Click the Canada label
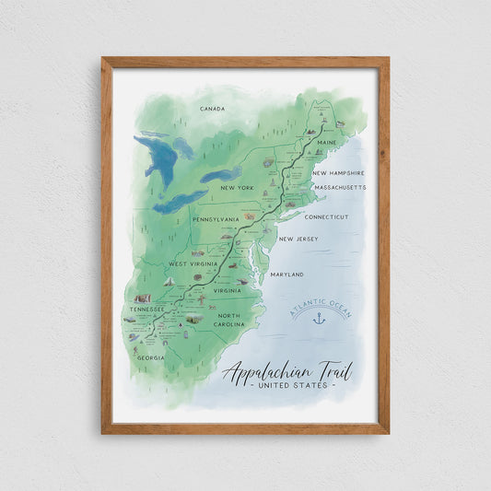[212, 109]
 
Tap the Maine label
[327, 143]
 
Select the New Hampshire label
[338, 172]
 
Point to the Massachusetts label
[340, 187]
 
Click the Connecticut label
[326, 217]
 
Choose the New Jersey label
[298, 240]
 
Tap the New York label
[237, 188]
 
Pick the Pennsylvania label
[216, 220]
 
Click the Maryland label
[287, 274]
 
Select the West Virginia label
[191, 264]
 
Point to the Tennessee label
[146, 310]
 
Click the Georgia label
[151, 357]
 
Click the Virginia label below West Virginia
[226, 291]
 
